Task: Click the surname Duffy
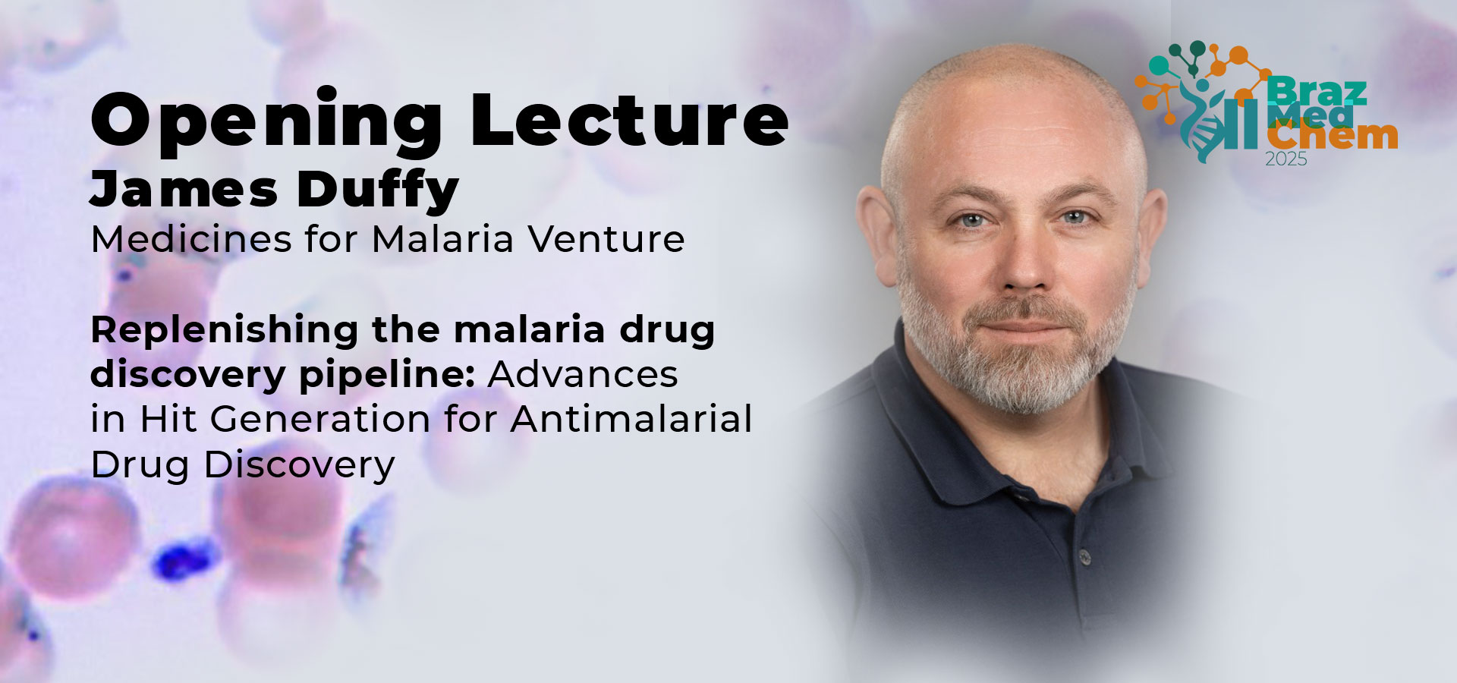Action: pyautogui.click(x=378, y=190)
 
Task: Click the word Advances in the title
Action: pyautogui.click(x=583, y=374)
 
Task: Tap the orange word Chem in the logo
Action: pyautogui.click(x=1332, y=137)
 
